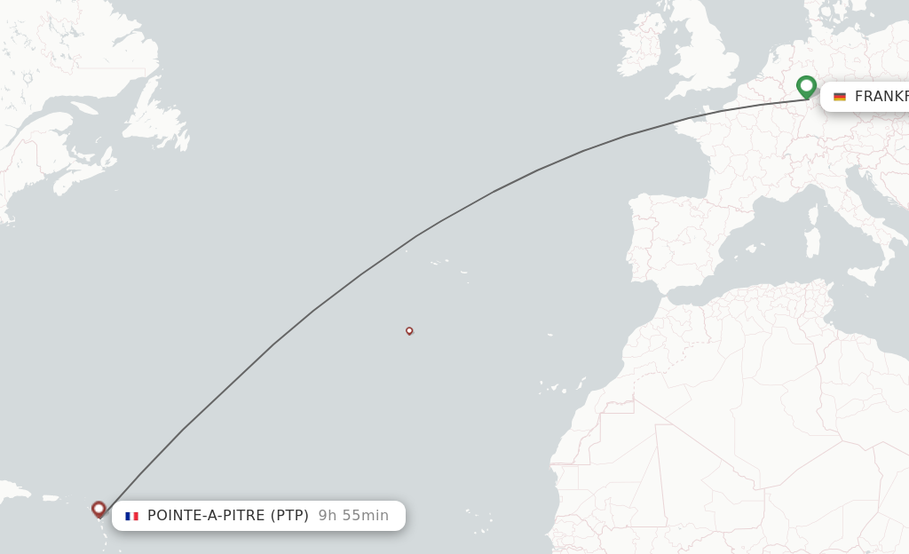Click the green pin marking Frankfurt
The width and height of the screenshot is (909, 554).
[806, 86]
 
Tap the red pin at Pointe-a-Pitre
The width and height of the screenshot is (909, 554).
[99, 509]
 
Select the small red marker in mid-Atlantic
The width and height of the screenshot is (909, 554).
[409, 330]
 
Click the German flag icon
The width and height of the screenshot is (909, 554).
[840, 97]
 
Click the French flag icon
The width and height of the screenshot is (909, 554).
[131, 516]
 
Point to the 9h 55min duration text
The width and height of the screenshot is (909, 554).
[353, 516]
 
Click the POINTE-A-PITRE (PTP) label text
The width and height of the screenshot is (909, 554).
[227, 516]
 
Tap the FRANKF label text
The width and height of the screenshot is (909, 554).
[881, 97]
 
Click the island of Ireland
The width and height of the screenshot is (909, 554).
[641, 50]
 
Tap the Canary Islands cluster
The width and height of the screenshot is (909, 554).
[559, 388]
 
